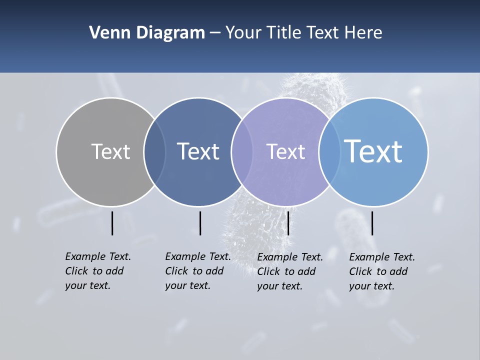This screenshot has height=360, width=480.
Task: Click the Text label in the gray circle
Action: click(110, 151)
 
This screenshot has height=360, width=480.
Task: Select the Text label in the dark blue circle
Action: click(198, 151)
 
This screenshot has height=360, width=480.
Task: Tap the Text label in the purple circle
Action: click(285, 151)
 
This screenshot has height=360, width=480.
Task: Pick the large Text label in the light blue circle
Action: click(373, 151)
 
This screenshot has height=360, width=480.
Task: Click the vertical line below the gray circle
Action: click(112, 223)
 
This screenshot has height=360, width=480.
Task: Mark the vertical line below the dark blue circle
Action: click(200, 223)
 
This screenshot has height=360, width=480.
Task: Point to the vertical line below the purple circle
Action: click(288, 223)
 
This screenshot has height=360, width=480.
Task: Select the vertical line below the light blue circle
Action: click(372, 223)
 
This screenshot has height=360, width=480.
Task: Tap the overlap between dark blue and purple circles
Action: click(242, 152)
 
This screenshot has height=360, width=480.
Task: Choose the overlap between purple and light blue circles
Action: click(329, 152)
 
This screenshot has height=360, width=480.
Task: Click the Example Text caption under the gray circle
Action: click(98, 271)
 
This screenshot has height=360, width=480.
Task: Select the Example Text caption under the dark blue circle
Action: click(198, 271)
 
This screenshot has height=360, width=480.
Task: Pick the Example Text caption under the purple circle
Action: click(290, 271)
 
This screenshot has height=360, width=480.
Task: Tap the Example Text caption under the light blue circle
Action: click(382, 271)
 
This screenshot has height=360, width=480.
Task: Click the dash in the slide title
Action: click(215, 33)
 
